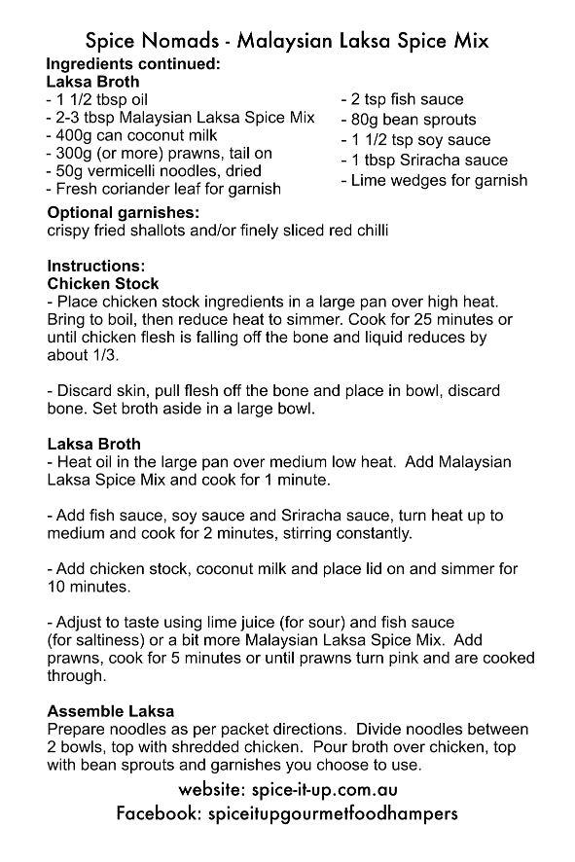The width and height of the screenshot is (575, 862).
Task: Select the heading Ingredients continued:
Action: tap(133, 65)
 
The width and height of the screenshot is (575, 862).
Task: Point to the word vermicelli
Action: tap(131, 170)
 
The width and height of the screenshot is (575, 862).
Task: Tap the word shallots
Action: tap(170, 231)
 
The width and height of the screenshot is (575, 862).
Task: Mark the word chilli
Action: tap(367, 231)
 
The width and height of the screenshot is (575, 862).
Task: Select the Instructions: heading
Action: tap(95, 266)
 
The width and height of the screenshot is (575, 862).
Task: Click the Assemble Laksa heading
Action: tap(110, 711)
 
